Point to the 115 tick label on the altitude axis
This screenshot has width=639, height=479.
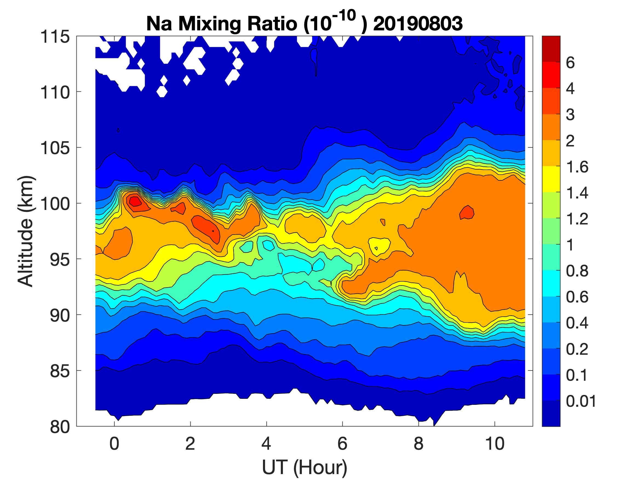click(x=55, y=37)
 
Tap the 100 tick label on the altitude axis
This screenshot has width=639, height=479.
click(x=55, y=204)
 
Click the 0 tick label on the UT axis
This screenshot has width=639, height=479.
click(x=114, y=443)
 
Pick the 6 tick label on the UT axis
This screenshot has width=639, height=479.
click(x=342, y=443)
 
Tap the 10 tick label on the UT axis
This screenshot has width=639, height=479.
click(x=495, y=443)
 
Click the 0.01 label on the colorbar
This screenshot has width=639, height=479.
click(x=581, y=401)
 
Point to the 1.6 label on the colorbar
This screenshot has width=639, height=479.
click(x=577, y=167)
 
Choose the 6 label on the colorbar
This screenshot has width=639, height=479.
click(x=570, y=63)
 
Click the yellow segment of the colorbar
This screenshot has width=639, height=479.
click(x=551, y=179)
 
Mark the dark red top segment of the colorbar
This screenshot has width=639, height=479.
click(x=551, y=49)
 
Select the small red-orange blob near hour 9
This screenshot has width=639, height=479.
click(x=467, y=213)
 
